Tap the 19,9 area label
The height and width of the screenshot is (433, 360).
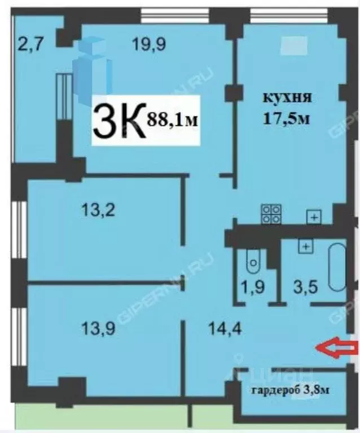coord(149,43)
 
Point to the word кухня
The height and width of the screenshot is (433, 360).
coord(287,98)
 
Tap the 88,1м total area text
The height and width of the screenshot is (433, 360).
coord(174,119)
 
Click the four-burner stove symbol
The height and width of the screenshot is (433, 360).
coord(271,214)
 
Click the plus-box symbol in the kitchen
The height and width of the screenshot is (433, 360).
coord(313,216)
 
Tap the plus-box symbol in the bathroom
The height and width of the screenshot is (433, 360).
coord(305,246)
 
